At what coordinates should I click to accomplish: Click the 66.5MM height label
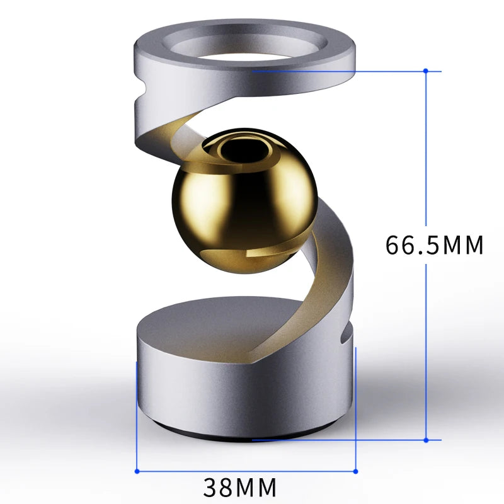click(x=435, y=244)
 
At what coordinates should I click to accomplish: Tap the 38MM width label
click(x=240, y=486)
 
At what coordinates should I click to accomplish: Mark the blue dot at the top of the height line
click(x=427, y=71)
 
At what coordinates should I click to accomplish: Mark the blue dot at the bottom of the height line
click(x=427, y=440)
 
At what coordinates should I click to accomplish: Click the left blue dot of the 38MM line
click(x=137, y=470)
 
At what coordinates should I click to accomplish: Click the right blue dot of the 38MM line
click(x=356, y=470)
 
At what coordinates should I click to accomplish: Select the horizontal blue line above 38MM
click(x=246, y=470)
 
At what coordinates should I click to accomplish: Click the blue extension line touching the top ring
click(x=340, y=71)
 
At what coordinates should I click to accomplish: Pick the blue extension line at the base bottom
click(x=340, y=440)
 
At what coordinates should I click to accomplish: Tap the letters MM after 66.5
click(x=463, y=244)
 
